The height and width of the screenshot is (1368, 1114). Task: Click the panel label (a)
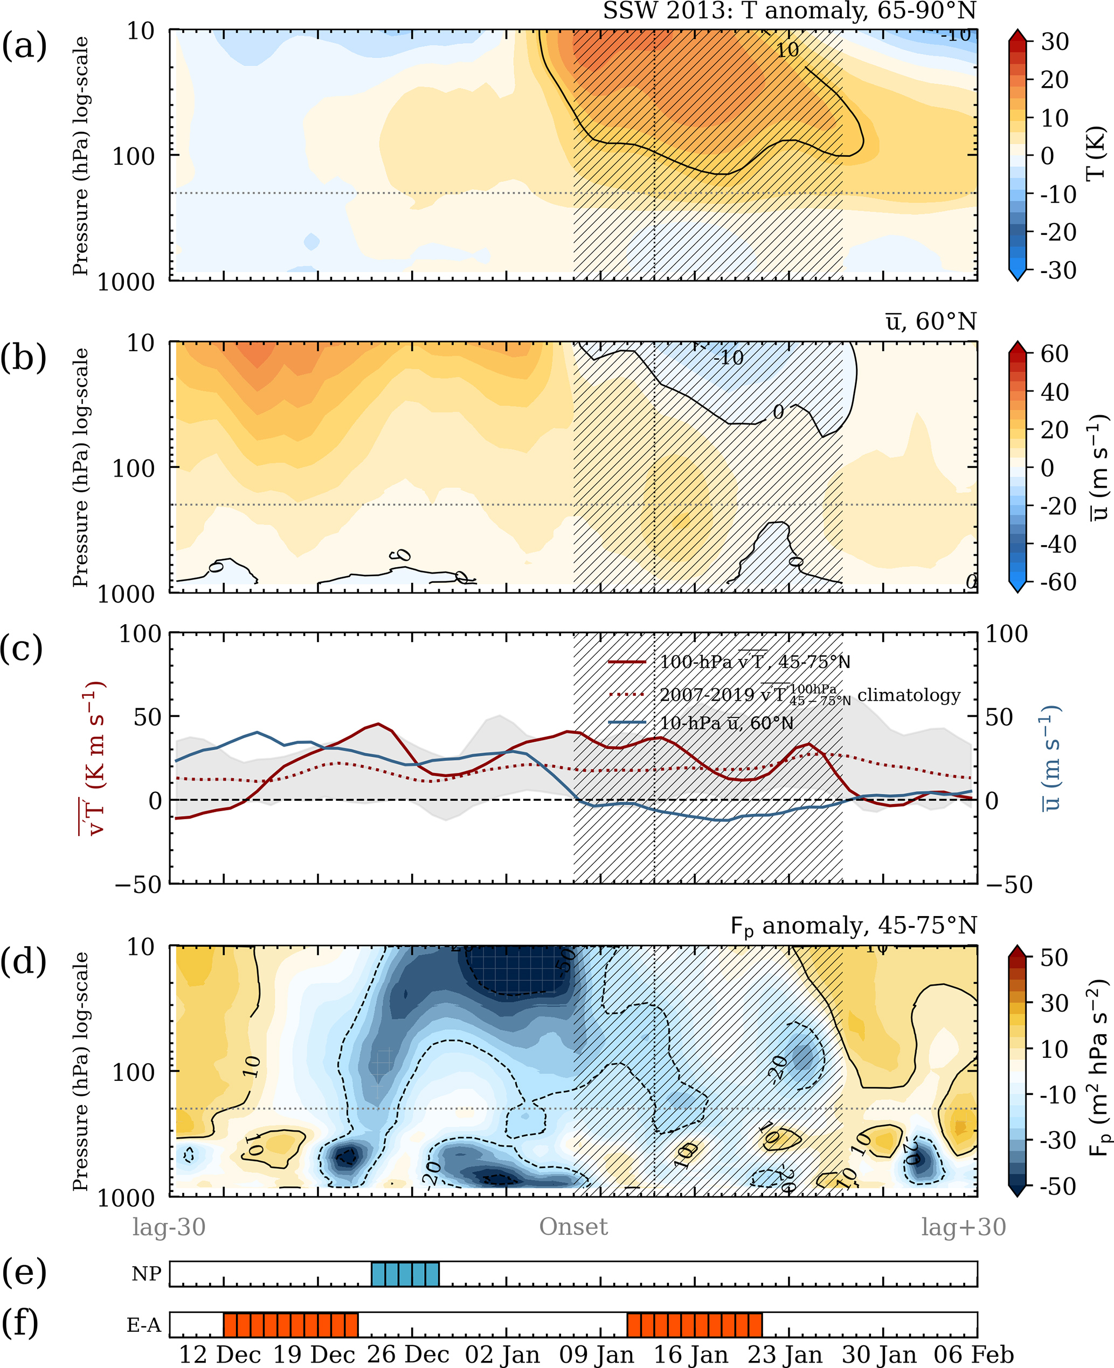tap(24, 47)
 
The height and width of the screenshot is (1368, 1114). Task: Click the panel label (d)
tap(24, 962)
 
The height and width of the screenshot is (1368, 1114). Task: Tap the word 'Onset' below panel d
tap(573, 1226)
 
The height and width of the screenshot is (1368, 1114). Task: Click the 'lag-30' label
tap(169, 1226)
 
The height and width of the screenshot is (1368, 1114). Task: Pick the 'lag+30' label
tap(963, 1226)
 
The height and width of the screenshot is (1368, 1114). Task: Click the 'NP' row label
tap(146, 1273)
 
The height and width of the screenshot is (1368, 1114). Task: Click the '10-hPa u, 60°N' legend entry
tap(726, 723)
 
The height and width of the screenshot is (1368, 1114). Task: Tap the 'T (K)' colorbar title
tap(1095, 154)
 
